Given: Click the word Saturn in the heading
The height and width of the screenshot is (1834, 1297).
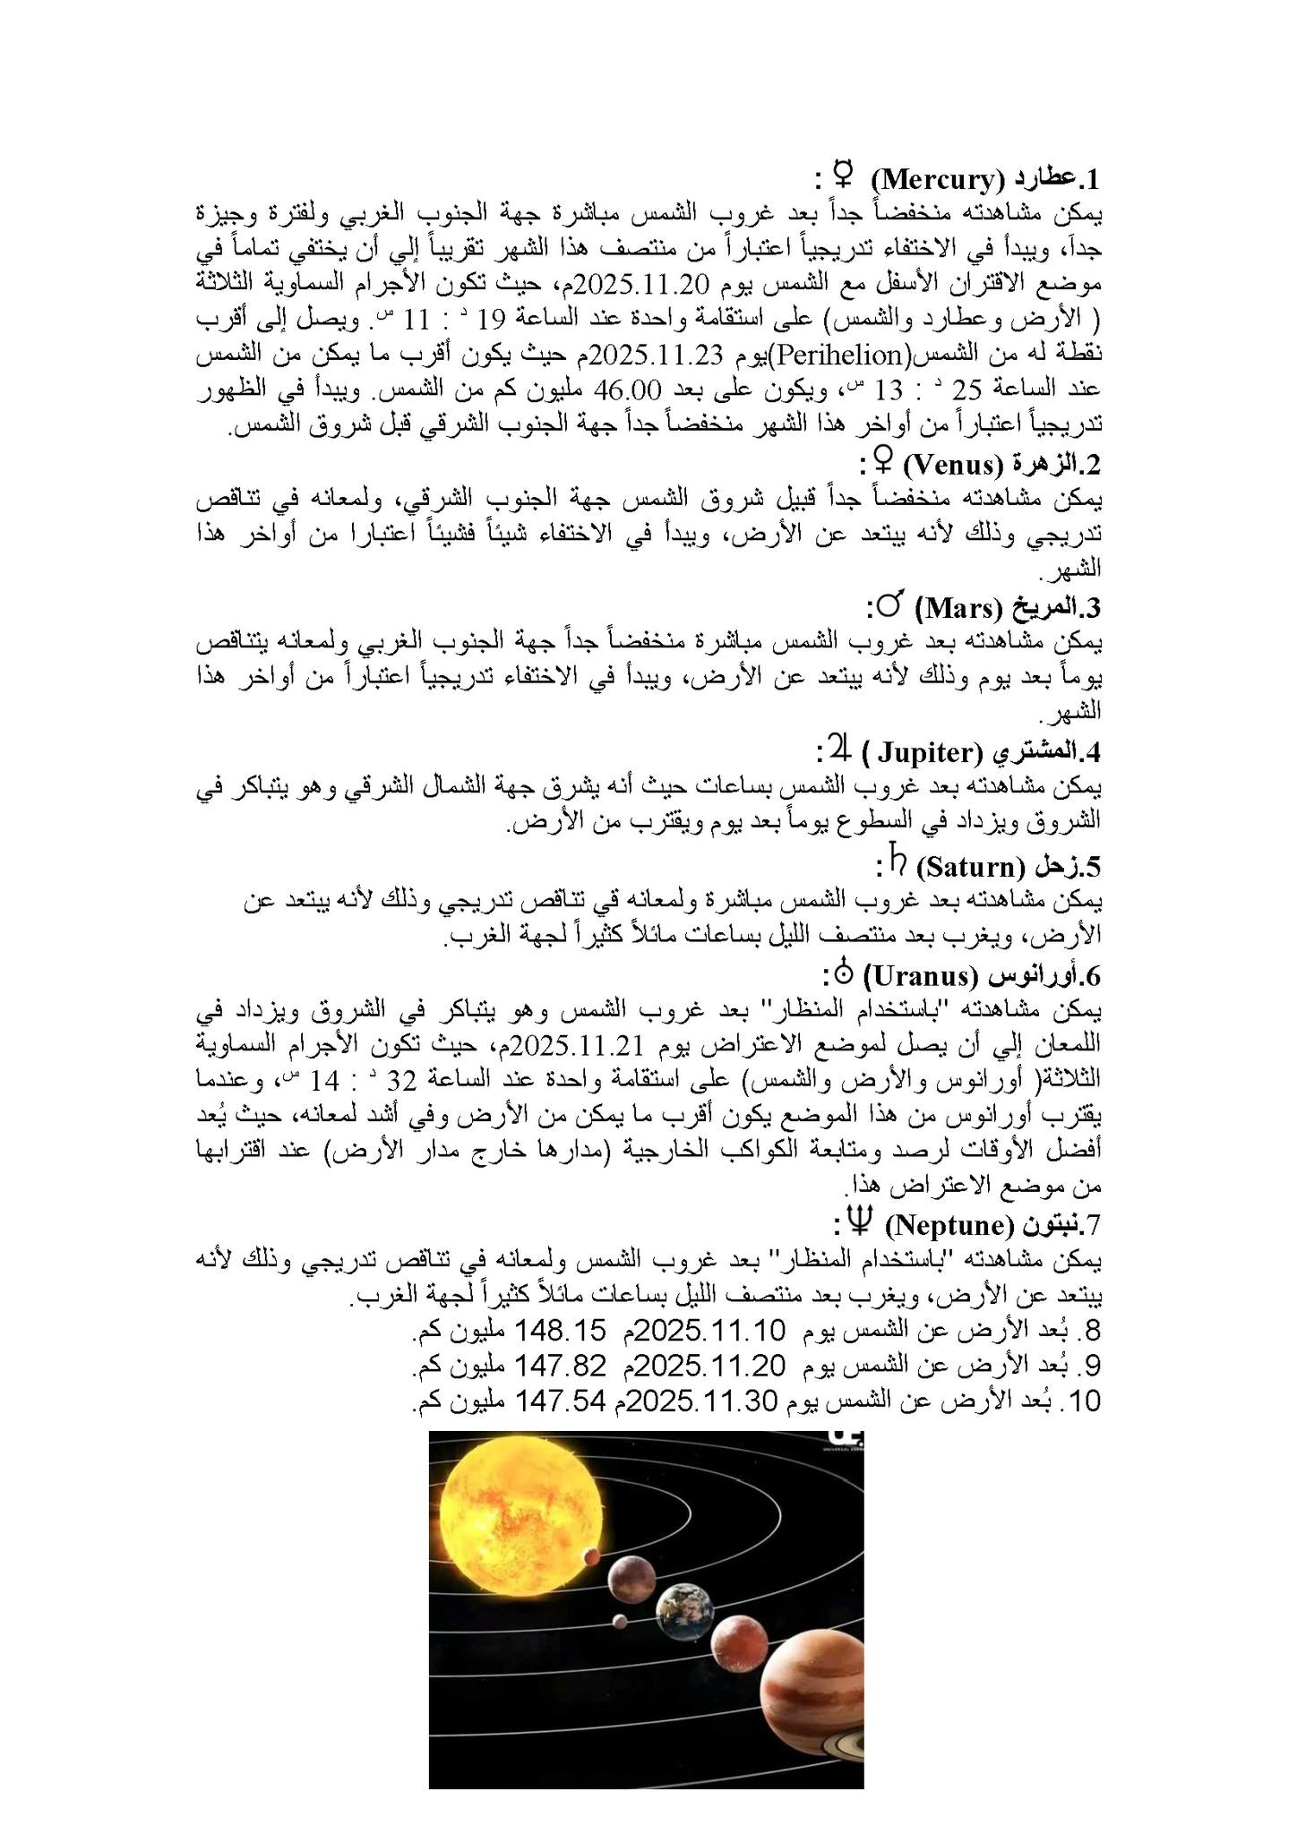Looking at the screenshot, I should [x=970, y=867].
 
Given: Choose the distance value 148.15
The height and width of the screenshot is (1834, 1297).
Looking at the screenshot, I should [x=556, y=1330].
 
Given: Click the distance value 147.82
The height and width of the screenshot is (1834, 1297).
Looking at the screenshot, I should [x=556, y=1365].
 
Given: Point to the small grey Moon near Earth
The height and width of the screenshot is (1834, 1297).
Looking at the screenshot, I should [x=618, y=1619].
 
